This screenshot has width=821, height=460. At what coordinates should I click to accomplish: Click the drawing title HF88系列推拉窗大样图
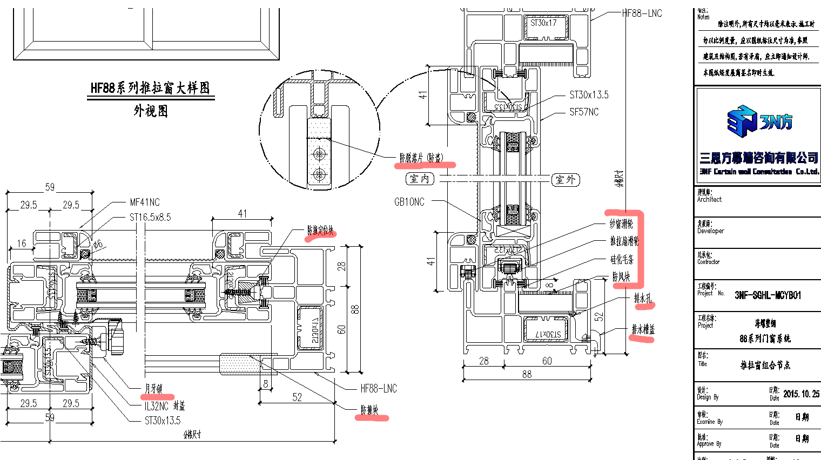click(150, 88)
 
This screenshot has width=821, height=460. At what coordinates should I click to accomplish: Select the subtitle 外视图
click(151, 111)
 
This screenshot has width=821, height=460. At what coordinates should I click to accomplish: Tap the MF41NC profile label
click(145, 202)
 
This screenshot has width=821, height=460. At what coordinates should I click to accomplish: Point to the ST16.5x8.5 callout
click(150, 217)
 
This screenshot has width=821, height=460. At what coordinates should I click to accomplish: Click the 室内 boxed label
click(420, 179)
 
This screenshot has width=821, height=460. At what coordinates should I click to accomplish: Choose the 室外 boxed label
click(566, 180)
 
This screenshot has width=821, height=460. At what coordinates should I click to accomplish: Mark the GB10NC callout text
click(409, 202)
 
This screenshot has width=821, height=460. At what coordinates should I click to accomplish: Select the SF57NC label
click(584, 112)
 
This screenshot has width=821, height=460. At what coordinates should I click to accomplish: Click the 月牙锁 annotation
click(153, 389)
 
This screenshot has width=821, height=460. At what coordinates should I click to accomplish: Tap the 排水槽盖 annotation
click(643, 329)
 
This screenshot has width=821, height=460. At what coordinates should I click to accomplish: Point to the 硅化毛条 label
click(622, 260)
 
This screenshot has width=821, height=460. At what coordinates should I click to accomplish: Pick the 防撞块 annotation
click(370, 410)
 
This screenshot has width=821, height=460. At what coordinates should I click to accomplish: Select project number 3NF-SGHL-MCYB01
click(768, 295)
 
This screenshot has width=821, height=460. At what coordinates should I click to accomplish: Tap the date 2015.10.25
click(801, 394)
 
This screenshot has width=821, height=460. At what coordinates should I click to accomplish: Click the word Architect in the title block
click(709, 199)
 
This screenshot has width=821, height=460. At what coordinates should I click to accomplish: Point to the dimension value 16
click(21, 243)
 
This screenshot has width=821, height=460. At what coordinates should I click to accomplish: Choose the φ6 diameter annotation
click(97, 244)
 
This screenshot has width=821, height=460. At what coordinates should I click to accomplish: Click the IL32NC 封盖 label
click(165, 406)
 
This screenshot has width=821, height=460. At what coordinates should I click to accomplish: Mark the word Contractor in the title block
click(708, 262)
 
